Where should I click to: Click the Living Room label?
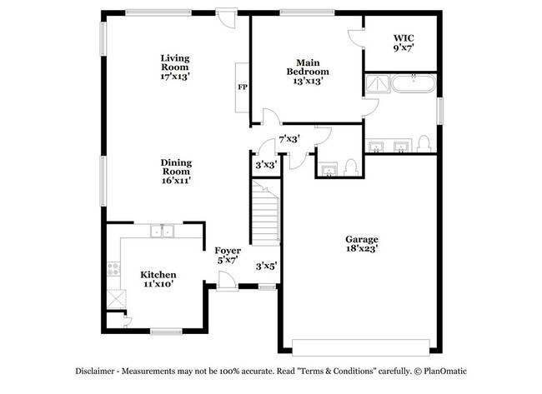click(x=175, y=67)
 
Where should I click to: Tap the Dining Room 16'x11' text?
click(x=176, y=172)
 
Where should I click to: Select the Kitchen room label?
click(x=158, y=279)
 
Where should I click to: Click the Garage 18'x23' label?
click(x=362, y=244)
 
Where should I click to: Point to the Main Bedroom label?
click(x=308, y=72)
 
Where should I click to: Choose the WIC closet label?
click(x=404, y=42)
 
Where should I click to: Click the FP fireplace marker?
click(x=243, y=87)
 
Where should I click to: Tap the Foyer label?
click(x=228, y=255)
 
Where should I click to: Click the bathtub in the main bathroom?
click(x=414, y=83)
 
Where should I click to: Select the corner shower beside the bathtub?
click(x=378, y=83)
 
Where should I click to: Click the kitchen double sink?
click(x=162, y=231)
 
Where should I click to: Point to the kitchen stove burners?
click(x=113, y=269)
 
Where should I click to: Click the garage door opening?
click(x=361, y=347)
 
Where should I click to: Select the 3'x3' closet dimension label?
click(x=266, y=165)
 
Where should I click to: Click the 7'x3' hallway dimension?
click(x=289, y=139)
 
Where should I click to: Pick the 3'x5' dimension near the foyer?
click(x=266, y=267)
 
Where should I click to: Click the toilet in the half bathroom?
click(x=350, y=167)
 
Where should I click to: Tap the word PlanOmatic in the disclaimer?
click(x=445, y=372)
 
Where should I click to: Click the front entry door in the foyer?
click(x=227, y=281)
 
